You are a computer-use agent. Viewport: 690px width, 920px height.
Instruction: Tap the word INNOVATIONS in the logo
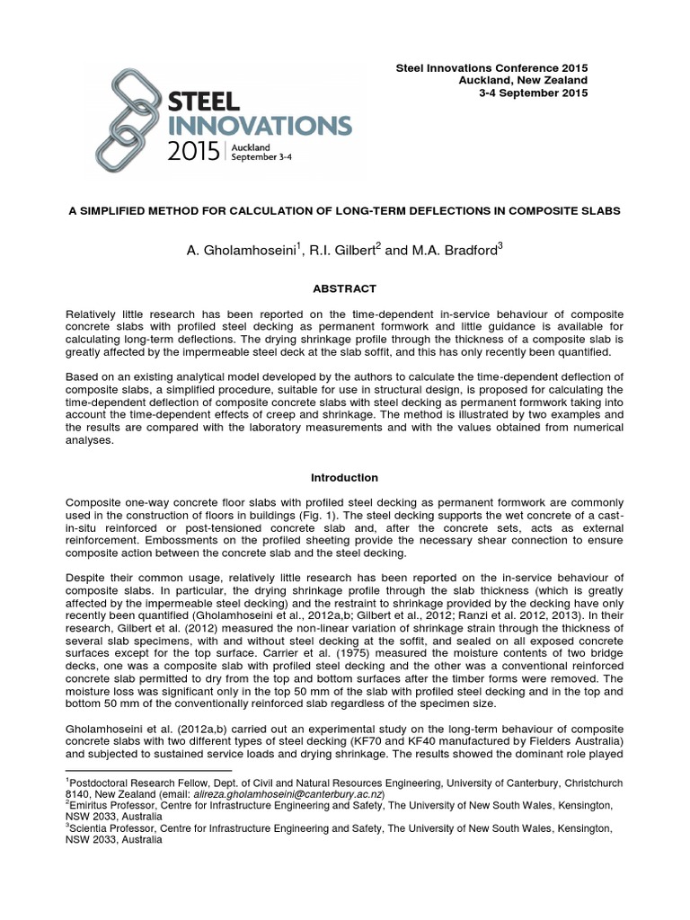click(x=261, y=123)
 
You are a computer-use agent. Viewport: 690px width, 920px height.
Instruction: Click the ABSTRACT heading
click(x=344, y=288)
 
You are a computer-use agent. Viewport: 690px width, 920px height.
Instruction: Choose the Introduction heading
click(x=344, y=477)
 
